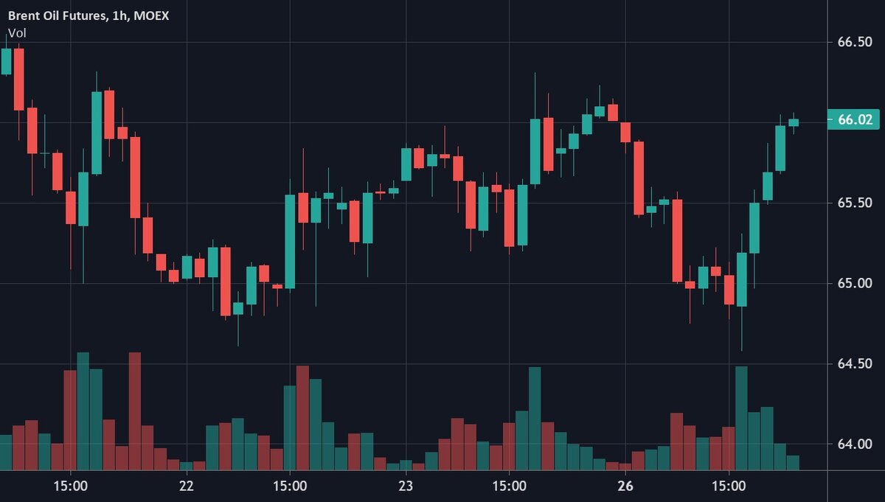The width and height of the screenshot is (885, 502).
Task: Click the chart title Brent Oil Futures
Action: (56, 15)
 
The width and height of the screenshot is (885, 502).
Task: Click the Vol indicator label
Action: (16, 33)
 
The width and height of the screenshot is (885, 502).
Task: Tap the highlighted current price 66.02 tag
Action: (855, 119)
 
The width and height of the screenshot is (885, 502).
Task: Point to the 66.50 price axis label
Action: (855, 43)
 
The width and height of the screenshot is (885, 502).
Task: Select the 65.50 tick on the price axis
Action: (855, 203)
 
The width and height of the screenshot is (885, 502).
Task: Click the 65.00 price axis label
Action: (855, 283)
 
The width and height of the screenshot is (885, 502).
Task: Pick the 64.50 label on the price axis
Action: (855, 363)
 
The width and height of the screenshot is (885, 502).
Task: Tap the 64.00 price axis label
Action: (855, 444)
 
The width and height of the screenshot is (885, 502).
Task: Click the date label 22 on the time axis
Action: (186, 486)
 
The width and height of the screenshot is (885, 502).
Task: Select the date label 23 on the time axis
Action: (406, 486)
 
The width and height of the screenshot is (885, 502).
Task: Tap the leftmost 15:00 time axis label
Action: (71, 486)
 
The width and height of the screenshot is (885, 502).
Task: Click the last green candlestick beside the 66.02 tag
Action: (794, 122)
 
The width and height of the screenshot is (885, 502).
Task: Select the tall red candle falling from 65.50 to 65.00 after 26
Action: (677, 240)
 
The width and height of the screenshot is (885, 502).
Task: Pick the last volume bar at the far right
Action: (793, 462)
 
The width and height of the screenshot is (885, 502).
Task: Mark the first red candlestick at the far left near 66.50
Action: (18, 80)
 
